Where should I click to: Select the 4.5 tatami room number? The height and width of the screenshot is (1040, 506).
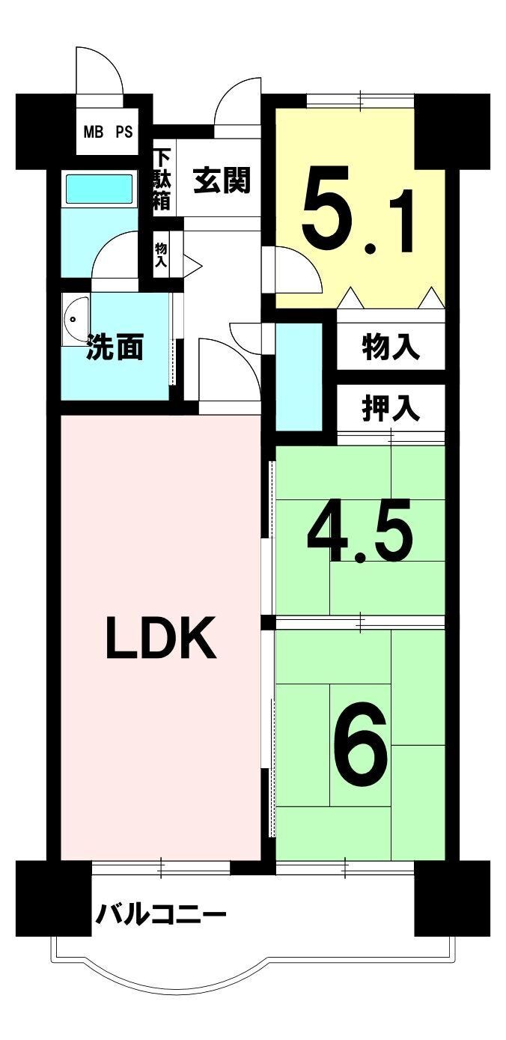pos(359,531)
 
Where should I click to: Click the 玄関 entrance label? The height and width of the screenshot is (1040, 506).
pos(222,180)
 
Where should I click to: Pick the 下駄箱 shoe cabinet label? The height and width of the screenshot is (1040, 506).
pos(162,180)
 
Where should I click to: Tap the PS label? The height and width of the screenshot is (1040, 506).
pos(124,132)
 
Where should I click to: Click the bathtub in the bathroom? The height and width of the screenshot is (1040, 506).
pos(100,189)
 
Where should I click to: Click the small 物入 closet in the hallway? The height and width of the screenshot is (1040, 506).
pos(161,254)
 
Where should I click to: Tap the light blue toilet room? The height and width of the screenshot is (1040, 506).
pos(299,376)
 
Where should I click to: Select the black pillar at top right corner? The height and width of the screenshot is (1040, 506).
pos(452,131)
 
